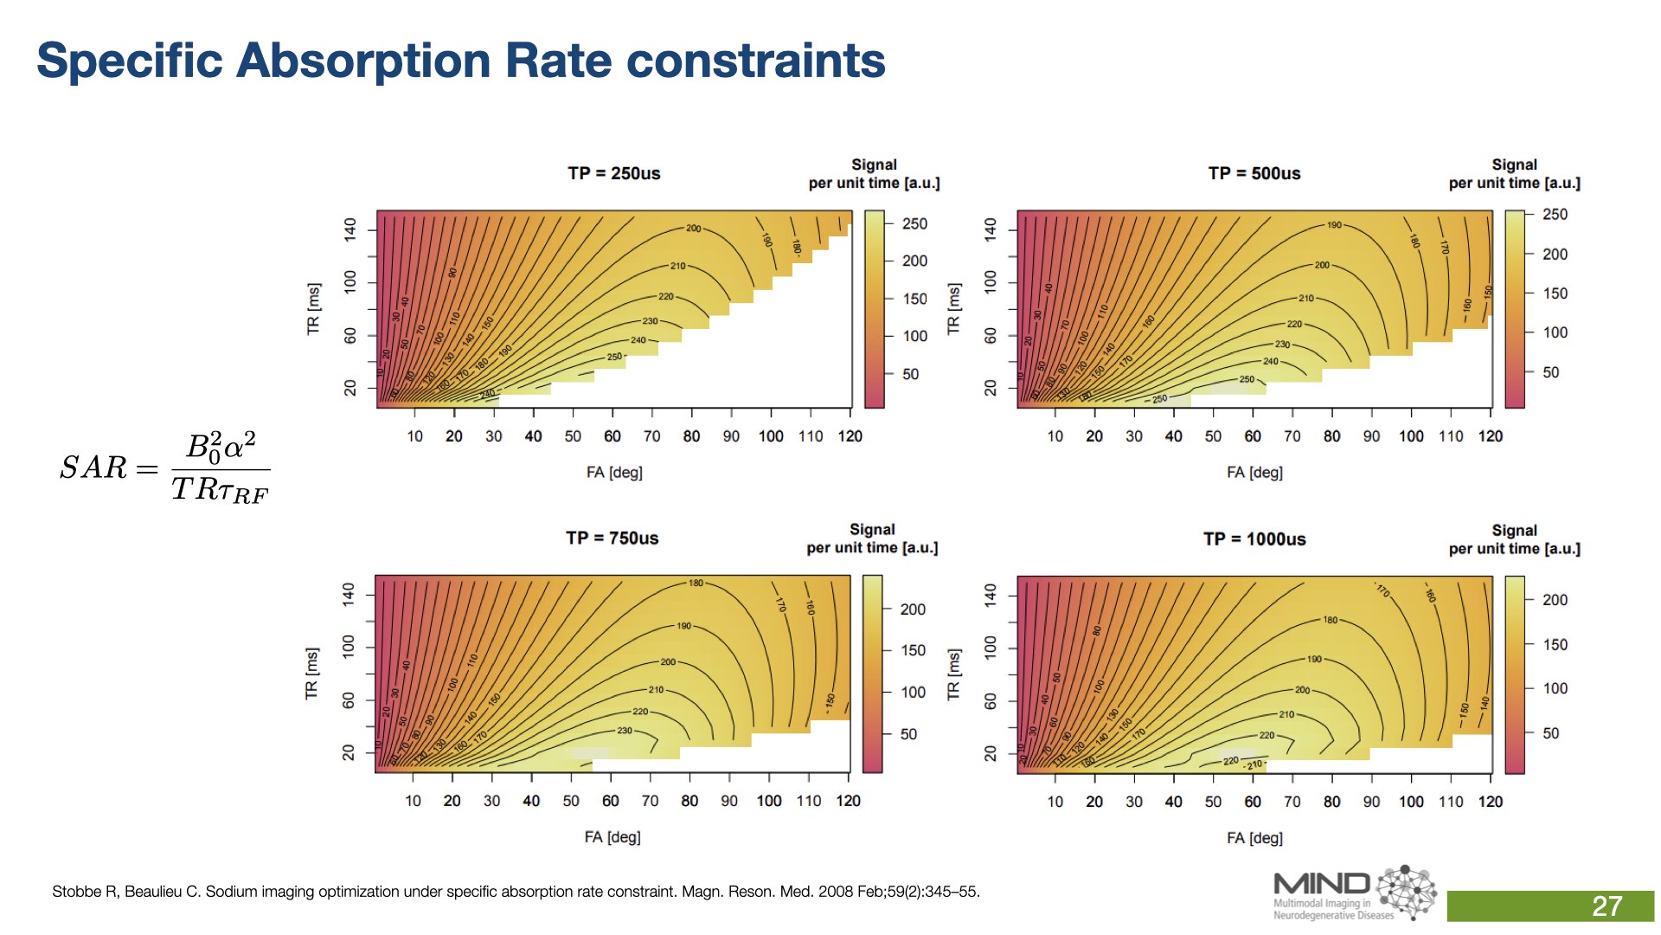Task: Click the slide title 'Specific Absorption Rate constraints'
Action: point(460,61)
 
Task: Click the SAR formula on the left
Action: point(164,467)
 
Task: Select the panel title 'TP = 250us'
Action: point(613,173)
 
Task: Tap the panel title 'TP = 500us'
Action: point(1254,173)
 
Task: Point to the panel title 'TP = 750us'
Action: point(612,538)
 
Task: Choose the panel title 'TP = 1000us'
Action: point(1254,538)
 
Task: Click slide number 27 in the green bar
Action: point(1606,906)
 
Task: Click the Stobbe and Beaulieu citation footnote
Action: point(516,891)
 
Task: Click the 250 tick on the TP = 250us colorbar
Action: point(914,223)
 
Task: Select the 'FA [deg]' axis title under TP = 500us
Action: point(1254,472)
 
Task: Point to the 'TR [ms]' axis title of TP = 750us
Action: point(311,673)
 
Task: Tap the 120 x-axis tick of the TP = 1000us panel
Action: point(1490,802)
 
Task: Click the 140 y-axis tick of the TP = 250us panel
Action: point(350,229)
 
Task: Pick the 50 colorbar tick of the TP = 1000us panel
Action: point(1550,733)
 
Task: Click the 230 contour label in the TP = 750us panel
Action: point(624,731)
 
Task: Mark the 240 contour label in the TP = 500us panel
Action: point(1270,361)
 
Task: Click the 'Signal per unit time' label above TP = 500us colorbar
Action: point(1514,173)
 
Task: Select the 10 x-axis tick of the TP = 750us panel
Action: point(413,801)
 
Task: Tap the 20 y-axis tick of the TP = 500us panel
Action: point(991,388)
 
